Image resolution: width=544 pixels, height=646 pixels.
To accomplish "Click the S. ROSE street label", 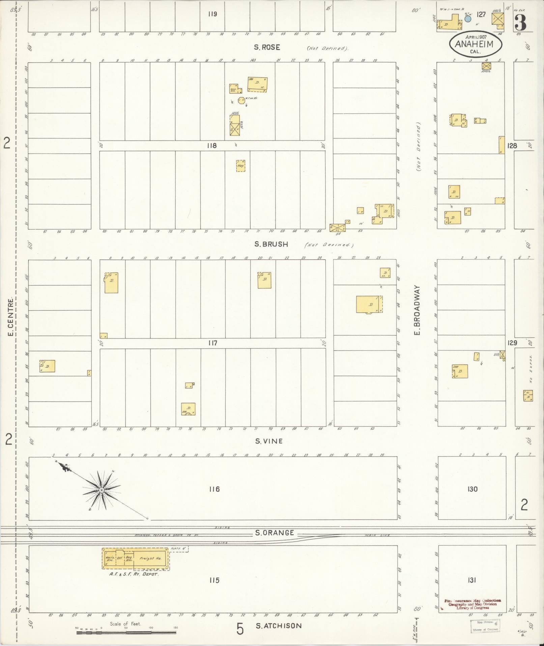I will point(267,47).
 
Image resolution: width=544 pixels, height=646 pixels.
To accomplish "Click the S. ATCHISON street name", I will point(279,626).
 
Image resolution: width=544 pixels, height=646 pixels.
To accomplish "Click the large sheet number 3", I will point(521,22).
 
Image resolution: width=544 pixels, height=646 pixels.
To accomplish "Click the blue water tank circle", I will point(467,19).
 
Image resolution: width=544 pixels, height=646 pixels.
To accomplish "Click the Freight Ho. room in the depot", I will point(151,558).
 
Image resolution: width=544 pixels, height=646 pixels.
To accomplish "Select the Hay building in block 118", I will point(240,166).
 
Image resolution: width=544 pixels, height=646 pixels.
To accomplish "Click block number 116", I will point(214,489).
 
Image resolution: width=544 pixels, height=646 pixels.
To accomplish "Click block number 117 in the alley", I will point(212,343).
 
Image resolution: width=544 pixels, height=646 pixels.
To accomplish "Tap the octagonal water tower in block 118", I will point(241,100).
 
